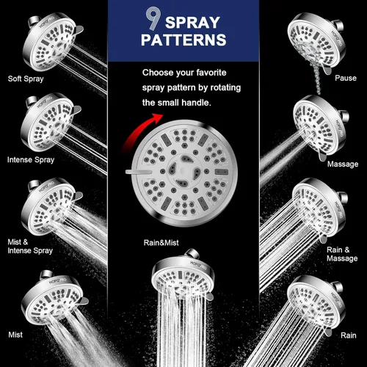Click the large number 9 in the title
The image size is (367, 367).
point(153,18)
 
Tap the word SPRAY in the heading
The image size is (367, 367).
point(192,23)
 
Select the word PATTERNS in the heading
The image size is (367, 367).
point(183,40)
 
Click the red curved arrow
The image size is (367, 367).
point(142,131)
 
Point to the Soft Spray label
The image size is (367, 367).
point(26,79)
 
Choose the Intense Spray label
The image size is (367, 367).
point(31,160)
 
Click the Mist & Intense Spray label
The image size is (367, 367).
point(30,247)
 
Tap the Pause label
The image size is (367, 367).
point(346,78)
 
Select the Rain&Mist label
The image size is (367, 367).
point(161,243)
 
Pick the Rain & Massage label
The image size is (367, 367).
point(342,254)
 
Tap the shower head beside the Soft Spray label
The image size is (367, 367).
point(53,42)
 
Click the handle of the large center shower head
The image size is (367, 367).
point(138,172)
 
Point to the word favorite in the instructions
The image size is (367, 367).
point(211,73)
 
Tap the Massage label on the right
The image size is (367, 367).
point(343,164)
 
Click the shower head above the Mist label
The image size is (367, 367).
point(55,297)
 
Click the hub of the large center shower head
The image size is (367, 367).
point(183,171)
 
